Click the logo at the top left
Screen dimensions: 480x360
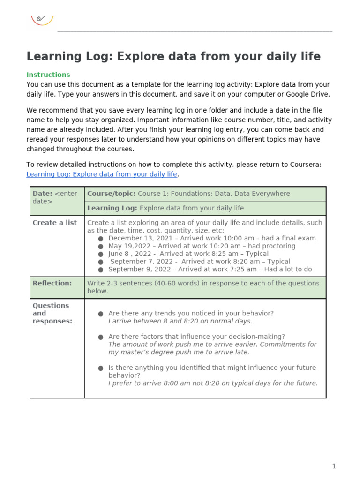[42, 19]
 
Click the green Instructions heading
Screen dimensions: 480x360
[48, 75]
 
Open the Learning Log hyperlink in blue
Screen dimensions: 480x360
[102, 174]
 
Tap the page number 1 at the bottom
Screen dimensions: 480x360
[334, 466]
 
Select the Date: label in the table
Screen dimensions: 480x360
[42, 194]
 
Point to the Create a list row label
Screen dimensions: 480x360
[54, 223]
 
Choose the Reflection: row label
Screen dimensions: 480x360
[52, 283]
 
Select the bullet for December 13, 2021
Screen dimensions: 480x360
[101, 239]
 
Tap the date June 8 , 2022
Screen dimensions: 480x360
[130, 254]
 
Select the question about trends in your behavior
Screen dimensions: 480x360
[191, 313]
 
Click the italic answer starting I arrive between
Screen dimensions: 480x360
[180, 321]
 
